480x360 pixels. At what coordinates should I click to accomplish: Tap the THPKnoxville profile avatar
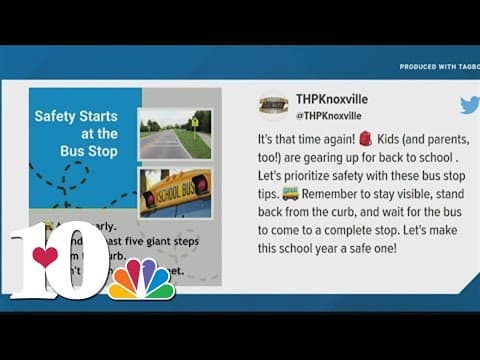(x=273, y=106)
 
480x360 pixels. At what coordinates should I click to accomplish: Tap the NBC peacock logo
(x=141, y=279)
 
